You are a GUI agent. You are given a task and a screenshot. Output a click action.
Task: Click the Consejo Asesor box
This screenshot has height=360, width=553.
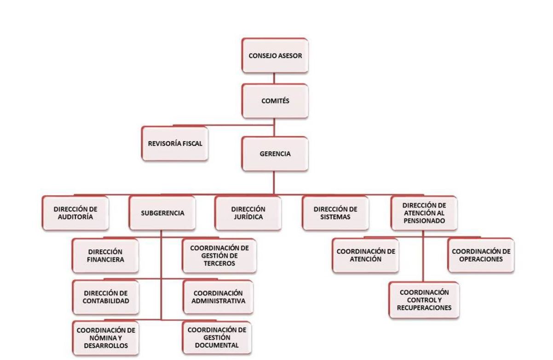pyautogui.click(x=275, y=56)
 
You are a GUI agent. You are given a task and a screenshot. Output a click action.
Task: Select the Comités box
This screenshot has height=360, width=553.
pyautogui.click(x=275, y=101)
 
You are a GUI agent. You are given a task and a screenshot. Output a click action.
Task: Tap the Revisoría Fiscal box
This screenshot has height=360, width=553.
pyautogui.click(x=175, y=143)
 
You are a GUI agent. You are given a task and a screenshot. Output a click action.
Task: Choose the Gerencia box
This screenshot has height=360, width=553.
pyautogui.click(x=275, y=154)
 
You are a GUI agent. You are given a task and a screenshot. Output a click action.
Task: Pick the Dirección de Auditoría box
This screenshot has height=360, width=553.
pyautogui.click(x=75, y=213)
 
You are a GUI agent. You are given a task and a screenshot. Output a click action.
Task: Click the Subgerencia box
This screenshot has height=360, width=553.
pyautogui.click(x=162, y=213)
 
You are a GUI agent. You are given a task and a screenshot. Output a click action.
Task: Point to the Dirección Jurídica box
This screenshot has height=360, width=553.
pyautogui.click(x=248, y=213)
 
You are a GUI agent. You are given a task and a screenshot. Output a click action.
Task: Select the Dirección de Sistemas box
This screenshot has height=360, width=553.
pyautogui.click(x=335, y=213)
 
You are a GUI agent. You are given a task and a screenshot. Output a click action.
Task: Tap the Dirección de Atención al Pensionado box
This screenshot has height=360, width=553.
pyautogui.click(x=424, y=213)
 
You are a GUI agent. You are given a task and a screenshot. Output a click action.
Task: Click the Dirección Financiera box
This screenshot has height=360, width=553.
pyautogui.click(x=105, y=256)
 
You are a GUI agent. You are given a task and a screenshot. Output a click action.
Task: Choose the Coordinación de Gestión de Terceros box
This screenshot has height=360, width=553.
pyautogui.click(x=219, y=256)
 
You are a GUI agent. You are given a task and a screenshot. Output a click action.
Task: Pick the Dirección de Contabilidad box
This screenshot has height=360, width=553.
pyautogui.click(x=106, y=297)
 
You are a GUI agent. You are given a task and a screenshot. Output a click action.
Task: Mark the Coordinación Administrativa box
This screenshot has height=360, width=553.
pyautogui.click(x=218, y=297)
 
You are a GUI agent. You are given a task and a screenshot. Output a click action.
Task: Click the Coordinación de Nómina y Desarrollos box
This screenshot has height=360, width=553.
pyautogui.click(x=106, y=338)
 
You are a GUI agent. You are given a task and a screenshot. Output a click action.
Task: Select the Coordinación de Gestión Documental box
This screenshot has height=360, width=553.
pyautogui.click(x=217, y=337)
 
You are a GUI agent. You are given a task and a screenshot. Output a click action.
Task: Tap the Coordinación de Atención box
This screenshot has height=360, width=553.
pyautogui.click(x=366, y=255)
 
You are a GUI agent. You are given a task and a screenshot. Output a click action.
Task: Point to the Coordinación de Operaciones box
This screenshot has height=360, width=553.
pyautogui.click(x=481, y=255)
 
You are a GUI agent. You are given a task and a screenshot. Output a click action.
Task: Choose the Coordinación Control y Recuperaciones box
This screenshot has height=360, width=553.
pyautogui.click(x=424, y=300)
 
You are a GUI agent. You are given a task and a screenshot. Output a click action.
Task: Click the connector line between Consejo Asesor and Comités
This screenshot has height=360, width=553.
pyautogui.click(x=274, y=79)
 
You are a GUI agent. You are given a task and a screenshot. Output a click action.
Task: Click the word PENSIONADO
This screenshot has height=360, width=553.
pyautogui.click(x=424, y=221)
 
